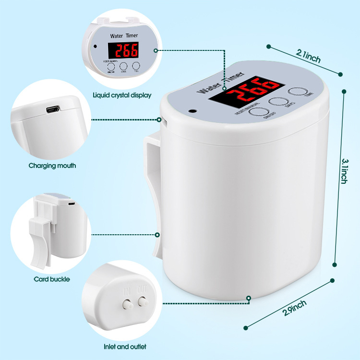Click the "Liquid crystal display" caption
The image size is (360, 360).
pos(121,95)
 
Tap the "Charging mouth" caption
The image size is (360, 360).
pos(52,166)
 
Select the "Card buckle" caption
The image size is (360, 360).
pos(52,279)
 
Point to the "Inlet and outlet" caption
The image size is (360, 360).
pos(125,346)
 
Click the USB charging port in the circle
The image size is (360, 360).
pos(50,110)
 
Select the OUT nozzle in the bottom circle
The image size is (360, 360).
pos(142,302)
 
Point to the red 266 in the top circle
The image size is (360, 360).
pos(123,50)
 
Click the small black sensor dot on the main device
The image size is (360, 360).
pos(193,110)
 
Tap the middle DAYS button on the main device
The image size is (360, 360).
pos(277,101)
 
